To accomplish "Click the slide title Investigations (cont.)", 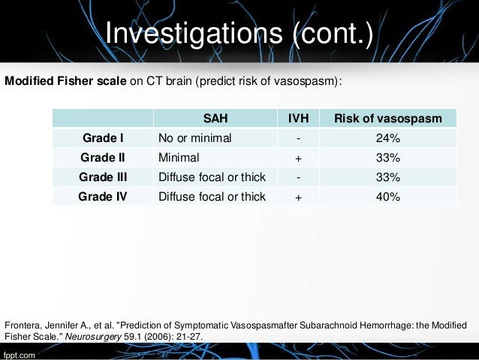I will [240, 32].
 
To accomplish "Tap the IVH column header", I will [299, 119].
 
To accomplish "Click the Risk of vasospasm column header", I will [388, 119].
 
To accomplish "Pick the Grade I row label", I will [102, 138].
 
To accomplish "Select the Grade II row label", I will [102, 159].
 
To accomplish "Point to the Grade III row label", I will [102, 178].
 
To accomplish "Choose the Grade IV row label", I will [102, 198].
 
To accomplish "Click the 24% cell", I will [388, 138].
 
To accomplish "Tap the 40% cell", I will [388, 198].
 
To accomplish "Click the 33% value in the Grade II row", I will [388, 159].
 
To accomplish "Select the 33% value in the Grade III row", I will [388, 178].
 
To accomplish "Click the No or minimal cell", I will [194, 138].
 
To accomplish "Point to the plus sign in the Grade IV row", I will [299, 198].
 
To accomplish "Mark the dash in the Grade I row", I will [299, 138].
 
